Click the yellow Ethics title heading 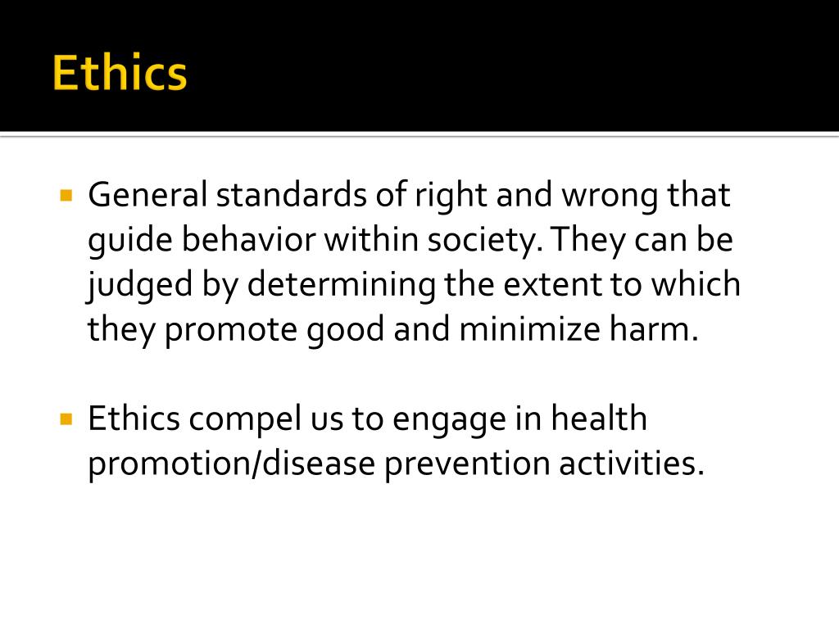tap(120, 73)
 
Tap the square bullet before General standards tap(66, 196)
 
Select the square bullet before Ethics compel tap(66, 419)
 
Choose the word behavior tap(248, 240)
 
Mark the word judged tap(135, 285)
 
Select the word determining tap(342, 285)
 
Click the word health tap(598, 419)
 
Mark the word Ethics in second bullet tap(134, 419)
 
